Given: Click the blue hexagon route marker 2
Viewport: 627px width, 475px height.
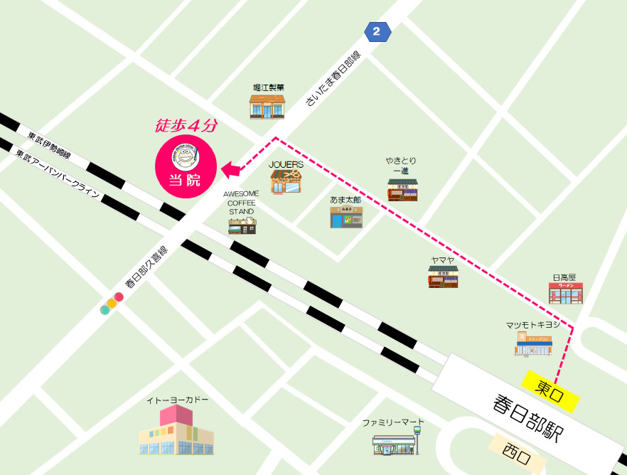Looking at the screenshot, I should (x=377, y=31).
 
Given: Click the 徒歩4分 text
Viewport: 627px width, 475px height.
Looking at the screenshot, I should (x=186, y=125).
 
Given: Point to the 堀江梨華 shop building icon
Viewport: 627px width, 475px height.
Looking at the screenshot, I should (x=267, y=106).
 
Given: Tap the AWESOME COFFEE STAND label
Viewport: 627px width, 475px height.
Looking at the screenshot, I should (x=242, y=202).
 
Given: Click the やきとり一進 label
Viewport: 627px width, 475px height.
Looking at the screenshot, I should (x=401, y=166).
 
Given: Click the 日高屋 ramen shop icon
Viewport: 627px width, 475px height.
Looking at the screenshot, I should (x=565, y=292).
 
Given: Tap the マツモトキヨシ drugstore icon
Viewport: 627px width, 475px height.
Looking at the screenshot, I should (x=533, y=343).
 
